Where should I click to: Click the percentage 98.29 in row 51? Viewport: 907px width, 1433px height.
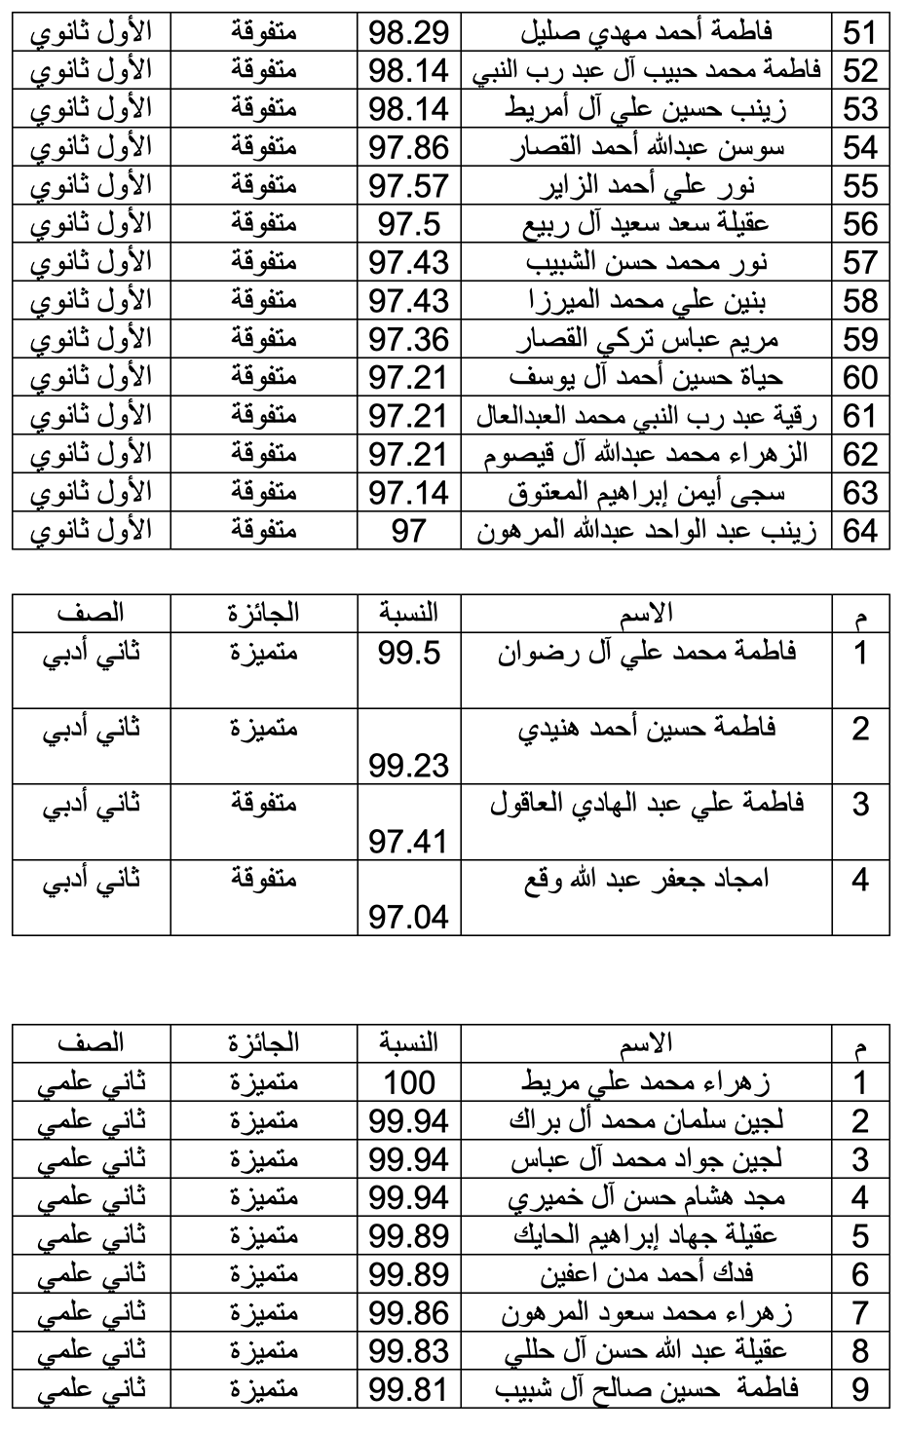[x=409, y=33]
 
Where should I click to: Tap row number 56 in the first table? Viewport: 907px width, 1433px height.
[x=860, y=224]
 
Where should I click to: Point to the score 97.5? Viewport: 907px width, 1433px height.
[x=409, y=224]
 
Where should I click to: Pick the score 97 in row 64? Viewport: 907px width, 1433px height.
[x=409, y=531]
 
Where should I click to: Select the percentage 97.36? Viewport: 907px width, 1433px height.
[x=409, y=339]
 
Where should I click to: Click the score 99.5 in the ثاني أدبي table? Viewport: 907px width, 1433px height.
[x=409, y=653]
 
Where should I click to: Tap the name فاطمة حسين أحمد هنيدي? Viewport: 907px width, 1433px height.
[x=647, y=728]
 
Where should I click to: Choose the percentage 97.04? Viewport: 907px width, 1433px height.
[x=409, y=917]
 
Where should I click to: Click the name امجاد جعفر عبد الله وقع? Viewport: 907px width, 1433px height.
[x=647, y=880]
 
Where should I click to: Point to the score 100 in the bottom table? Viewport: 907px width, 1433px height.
[x=409, y=1082]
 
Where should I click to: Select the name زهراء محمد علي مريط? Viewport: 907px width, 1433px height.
[x=647, y=1082]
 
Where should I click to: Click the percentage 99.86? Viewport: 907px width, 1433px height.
[x=409, y=1312]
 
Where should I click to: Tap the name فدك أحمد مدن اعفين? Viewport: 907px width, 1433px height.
[x=647, y=1274]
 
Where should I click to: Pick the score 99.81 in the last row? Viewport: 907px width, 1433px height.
[x=409, y=1389]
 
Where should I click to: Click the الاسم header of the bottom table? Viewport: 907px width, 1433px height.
[x=647, y=1044]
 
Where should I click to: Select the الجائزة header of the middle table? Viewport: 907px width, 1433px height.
[x=263, y=613]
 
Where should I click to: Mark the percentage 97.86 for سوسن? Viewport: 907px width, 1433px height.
[x=409, y=148]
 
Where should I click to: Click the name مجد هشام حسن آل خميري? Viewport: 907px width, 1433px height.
[x=647, y=1197]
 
